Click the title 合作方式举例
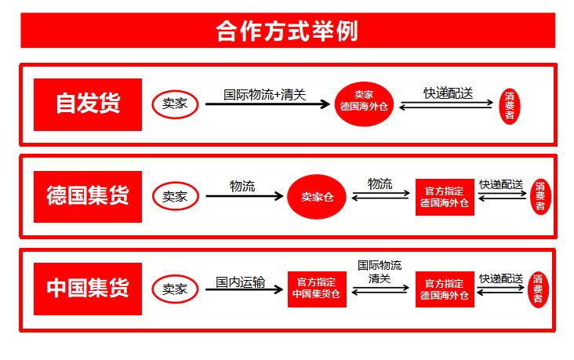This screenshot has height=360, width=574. tap(287, 31)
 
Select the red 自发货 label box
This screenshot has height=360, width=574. tap(88, 104)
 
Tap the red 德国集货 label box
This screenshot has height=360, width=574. tap(88, 196)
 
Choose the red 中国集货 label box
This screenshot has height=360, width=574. tap(88, 288)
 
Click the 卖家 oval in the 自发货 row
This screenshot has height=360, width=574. tap(175, 104)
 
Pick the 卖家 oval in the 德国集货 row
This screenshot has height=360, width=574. tap(175, 196)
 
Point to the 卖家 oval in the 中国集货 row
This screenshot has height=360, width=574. tap(175, 288)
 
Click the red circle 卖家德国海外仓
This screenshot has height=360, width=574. tap(362, 104)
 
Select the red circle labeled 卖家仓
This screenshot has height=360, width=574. tap(318, 196)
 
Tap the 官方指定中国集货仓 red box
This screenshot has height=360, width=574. tap(317, 289)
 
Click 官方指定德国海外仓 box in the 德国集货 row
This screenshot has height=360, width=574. tap(445, 197)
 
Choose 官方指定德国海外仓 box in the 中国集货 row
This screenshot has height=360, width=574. tap(445, 289)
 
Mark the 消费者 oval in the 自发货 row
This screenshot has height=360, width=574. tap(509, 104)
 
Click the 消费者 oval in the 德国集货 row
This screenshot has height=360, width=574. tap(539, 196)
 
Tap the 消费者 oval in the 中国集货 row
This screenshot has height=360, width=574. tap(538, 289)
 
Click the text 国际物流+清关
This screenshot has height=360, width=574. tap(264, 94)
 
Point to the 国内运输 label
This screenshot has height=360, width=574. tap(240, 281)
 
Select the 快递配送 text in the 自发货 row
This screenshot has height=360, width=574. tap(448, 93)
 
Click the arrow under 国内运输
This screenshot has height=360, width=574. tap(243, 290)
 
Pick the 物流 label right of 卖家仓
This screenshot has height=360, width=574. tap(380, 184)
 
